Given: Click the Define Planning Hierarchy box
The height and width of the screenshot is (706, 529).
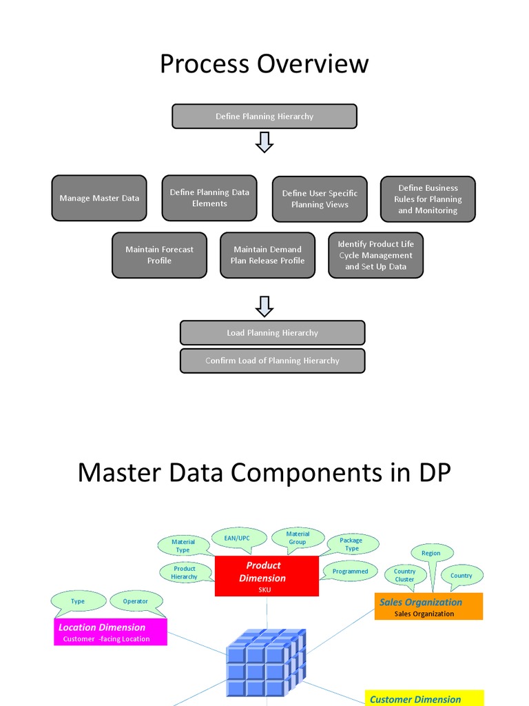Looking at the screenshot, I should click(x=264, y=117).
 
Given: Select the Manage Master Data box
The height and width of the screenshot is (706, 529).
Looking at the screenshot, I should click(x=99, y=198).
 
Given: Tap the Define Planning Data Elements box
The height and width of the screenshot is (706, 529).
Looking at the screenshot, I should click(x=209, y=198).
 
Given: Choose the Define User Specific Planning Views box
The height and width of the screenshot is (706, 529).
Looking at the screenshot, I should click(x=320, y=199).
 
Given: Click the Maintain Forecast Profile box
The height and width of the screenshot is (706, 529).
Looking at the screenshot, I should click(x=159, y=255).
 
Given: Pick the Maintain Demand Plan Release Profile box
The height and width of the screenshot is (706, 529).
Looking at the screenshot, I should click(x=267, y=255).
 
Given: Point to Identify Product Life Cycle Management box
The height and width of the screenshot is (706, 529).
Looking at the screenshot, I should click(x=375, y=255).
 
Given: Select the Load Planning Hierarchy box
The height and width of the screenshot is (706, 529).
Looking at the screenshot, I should click(x=272, y=332).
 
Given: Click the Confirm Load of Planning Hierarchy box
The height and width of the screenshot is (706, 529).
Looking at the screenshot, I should click(x=272, y=361).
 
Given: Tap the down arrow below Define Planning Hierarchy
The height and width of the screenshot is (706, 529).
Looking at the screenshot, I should click(x=264, y=143).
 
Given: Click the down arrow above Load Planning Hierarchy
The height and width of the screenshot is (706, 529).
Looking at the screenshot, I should click(x=264, y=306).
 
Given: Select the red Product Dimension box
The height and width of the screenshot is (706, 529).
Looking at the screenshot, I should click(x=267, y=576).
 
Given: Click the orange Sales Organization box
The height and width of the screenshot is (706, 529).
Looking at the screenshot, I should click(x=428, y=607).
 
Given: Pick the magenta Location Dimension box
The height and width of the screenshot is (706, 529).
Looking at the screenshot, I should click(x=110, y=632).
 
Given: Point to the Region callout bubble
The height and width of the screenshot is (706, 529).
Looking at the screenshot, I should click(x=431, y=553).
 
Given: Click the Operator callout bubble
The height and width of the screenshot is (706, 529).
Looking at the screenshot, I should click(x=136, y=601).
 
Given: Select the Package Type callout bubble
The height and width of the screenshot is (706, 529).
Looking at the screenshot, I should click(x=351, y=544).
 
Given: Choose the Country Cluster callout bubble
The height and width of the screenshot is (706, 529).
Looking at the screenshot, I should click(x=405, y=575).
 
